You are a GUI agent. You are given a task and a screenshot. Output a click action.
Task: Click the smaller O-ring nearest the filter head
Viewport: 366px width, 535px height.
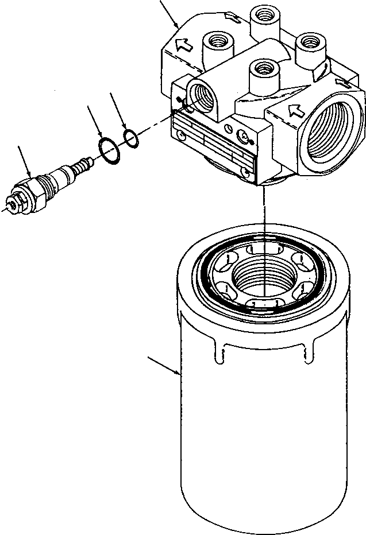coord(131,138)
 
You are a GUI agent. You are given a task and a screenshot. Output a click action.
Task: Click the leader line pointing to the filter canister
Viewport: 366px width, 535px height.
coord(163,366)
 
